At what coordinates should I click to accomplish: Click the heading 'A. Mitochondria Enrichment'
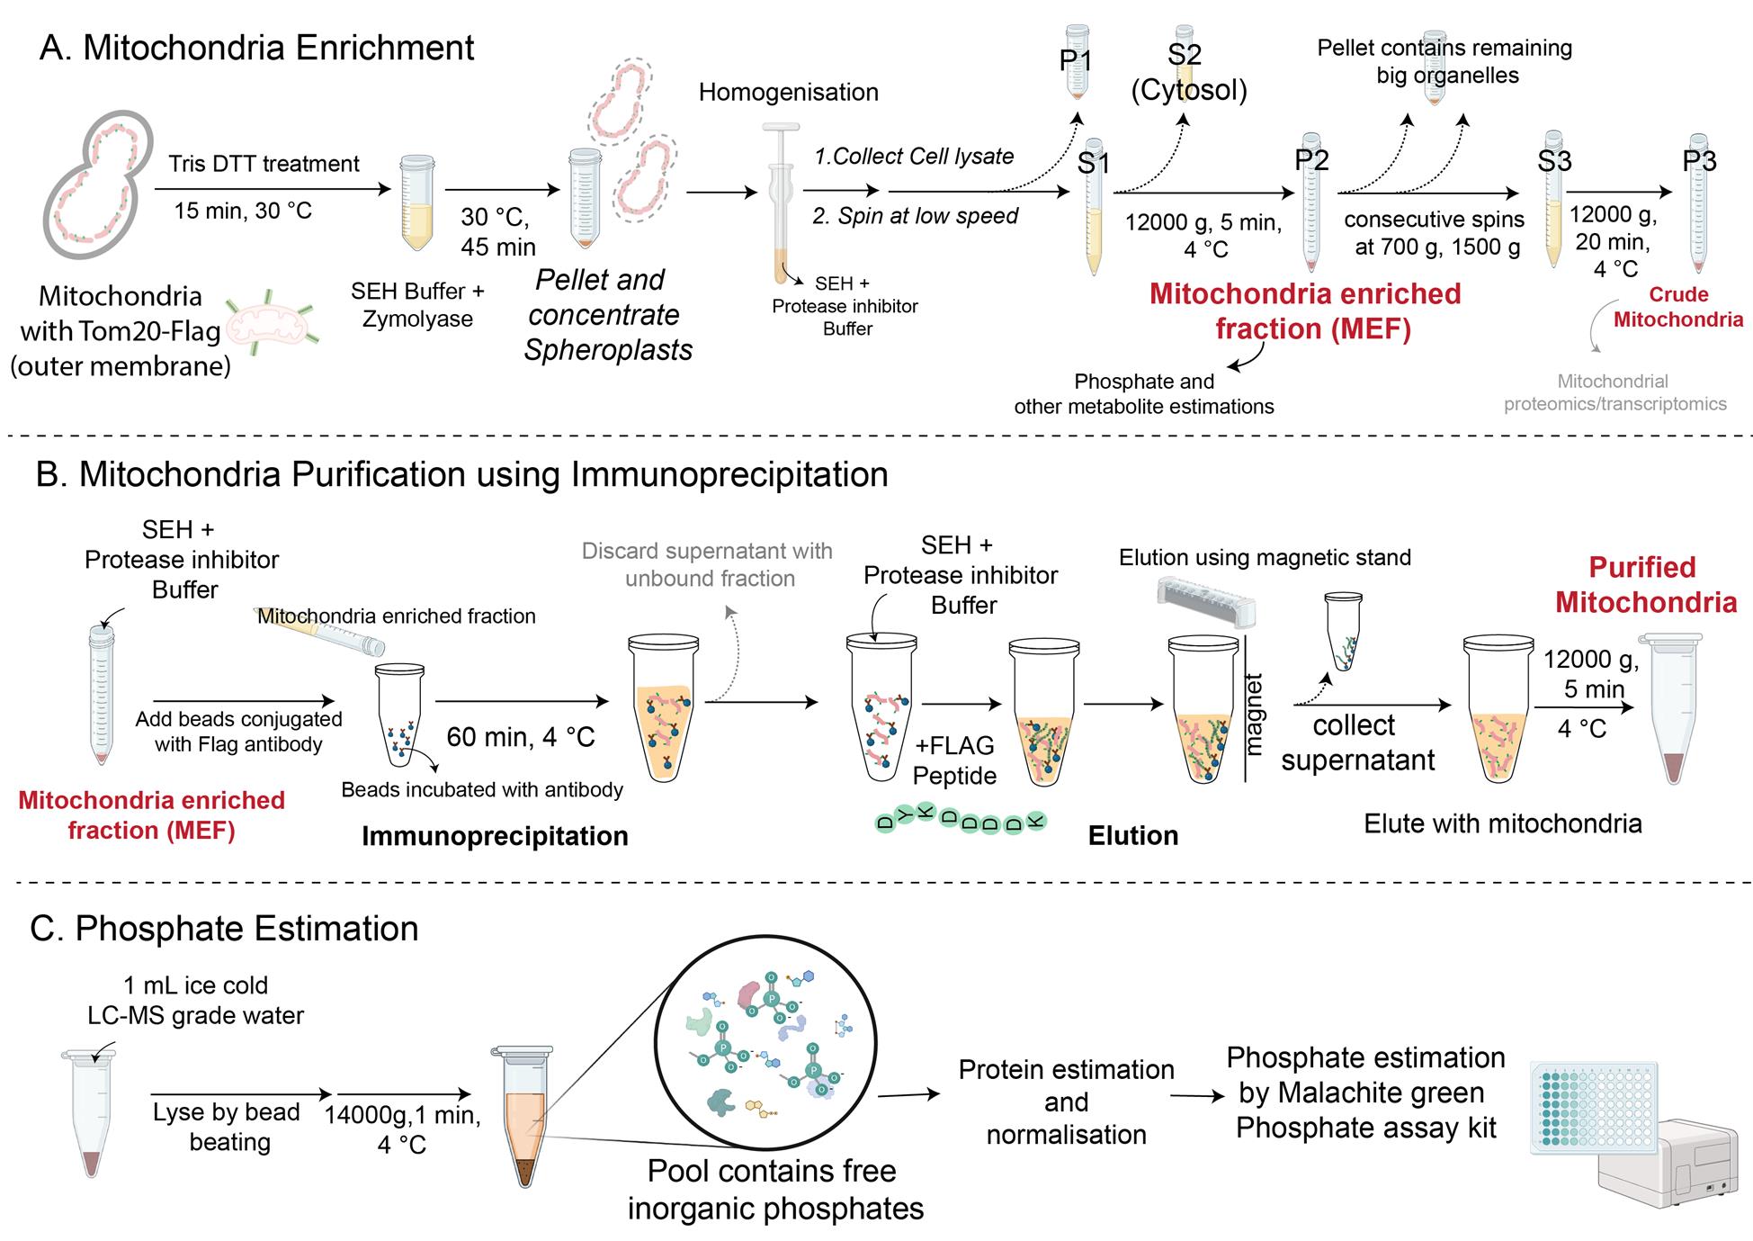tap(256, 48)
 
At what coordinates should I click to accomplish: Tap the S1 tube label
tap(1093, 163)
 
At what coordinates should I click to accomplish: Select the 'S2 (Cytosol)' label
tap(1187, 72)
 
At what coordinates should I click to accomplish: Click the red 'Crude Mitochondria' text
tap(1677, 307)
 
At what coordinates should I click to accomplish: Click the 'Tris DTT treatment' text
tap(264, 164)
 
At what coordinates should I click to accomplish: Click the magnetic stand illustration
tap(1204, 602)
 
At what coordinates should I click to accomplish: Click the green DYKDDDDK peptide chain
tap(961, 818)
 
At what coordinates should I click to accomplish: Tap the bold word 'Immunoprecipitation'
tap(495, 836)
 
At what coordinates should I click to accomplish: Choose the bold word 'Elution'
tap(1132, 836)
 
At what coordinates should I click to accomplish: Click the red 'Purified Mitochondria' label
tap(1645, 585)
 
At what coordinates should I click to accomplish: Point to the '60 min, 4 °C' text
tap(521, 737)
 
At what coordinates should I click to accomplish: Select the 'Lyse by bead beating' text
tap(227, 1127)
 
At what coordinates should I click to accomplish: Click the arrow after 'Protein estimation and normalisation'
tap(1197, 1096)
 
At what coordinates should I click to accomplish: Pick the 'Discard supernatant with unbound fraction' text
tap(708, 564)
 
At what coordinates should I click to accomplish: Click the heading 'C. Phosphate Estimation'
tap(225, 929)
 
